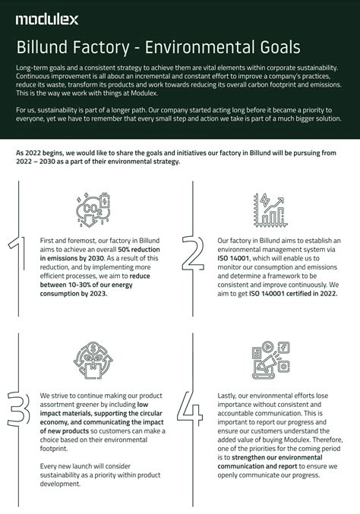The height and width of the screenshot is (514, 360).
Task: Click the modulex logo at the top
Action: click(44, 17)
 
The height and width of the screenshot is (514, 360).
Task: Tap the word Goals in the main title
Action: click(271, 47)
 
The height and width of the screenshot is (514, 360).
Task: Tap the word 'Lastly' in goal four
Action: click(229, 396)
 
